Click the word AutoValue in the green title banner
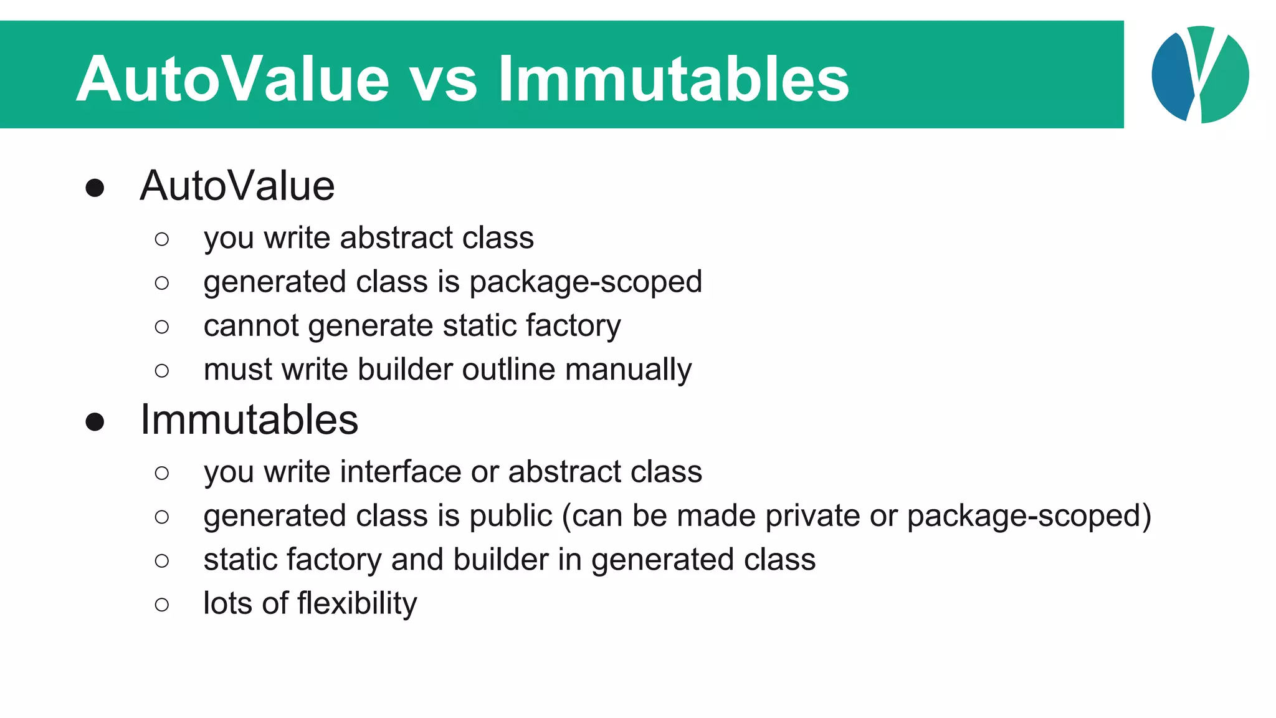pos(232,79)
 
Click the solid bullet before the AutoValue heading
pos(95,188)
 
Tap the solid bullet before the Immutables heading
pos(95,421)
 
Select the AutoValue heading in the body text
pos(237,186)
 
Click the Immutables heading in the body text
pos(249,419)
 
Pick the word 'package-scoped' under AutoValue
pos(586,282)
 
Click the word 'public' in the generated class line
pos(510,517)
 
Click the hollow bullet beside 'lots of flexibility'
pos(162,604)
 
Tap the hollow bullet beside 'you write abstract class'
pos(162,239)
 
